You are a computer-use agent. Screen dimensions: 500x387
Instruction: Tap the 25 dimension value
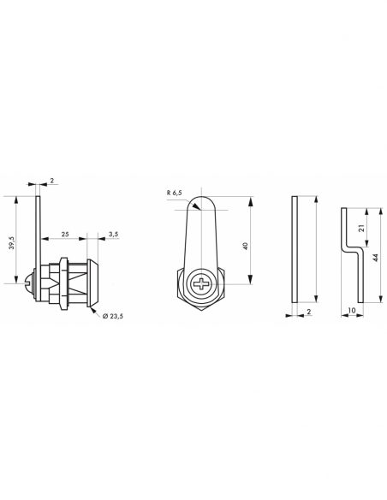point(65,234)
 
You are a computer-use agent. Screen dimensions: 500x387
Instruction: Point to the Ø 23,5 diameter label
point(113,317)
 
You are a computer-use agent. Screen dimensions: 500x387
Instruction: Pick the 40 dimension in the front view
point(245,246)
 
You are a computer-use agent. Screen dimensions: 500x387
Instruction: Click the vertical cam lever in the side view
point(39,231)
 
